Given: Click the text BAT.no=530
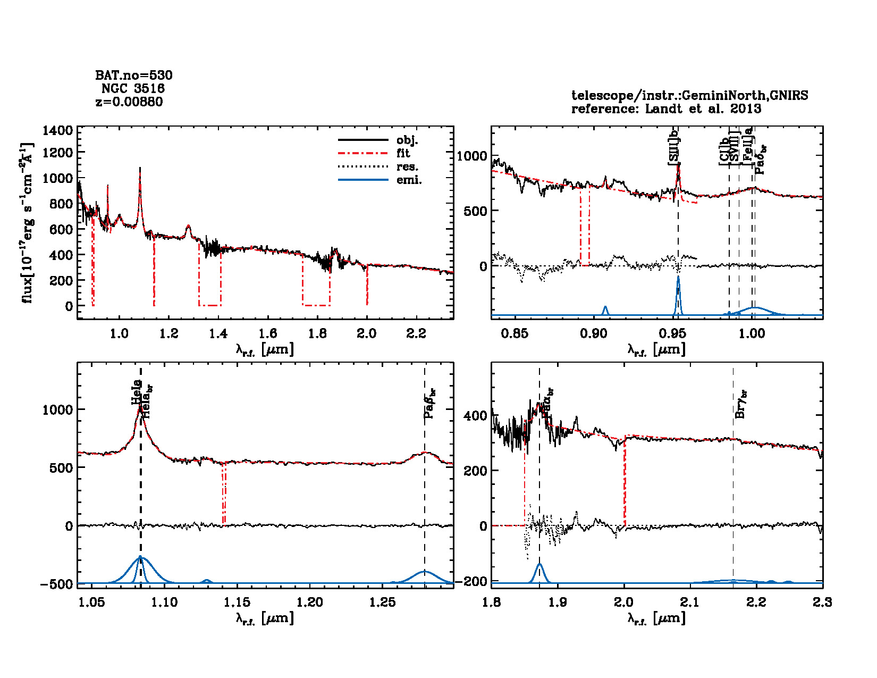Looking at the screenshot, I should coord(134,76).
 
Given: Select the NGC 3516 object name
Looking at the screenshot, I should coord(133,88).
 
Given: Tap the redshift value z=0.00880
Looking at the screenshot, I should coord(129,102).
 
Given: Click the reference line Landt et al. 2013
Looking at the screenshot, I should coord(666,109).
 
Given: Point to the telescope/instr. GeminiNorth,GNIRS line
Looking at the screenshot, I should coord(689,96).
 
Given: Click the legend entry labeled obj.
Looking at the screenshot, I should coord(407,140).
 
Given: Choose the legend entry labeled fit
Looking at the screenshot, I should coord(403,153).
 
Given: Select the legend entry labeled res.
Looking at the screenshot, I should coord(407,167).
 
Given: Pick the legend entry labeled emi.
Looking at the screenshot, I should coord(409,180).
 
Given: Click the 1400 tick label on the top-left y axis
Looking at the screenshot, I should coord(58,131).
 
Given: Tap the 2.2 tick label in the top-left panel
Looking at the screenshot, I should coord(416,333).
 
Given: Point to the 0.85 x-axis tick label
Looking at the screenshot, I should coord(514,333).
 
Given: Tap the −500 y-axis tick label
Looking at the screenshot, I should coord(56,584).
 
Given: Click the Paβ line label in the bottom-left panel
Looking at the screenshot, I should coord(430,404).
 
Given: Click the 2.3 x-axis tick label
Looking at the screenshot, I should coord(822,602).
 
